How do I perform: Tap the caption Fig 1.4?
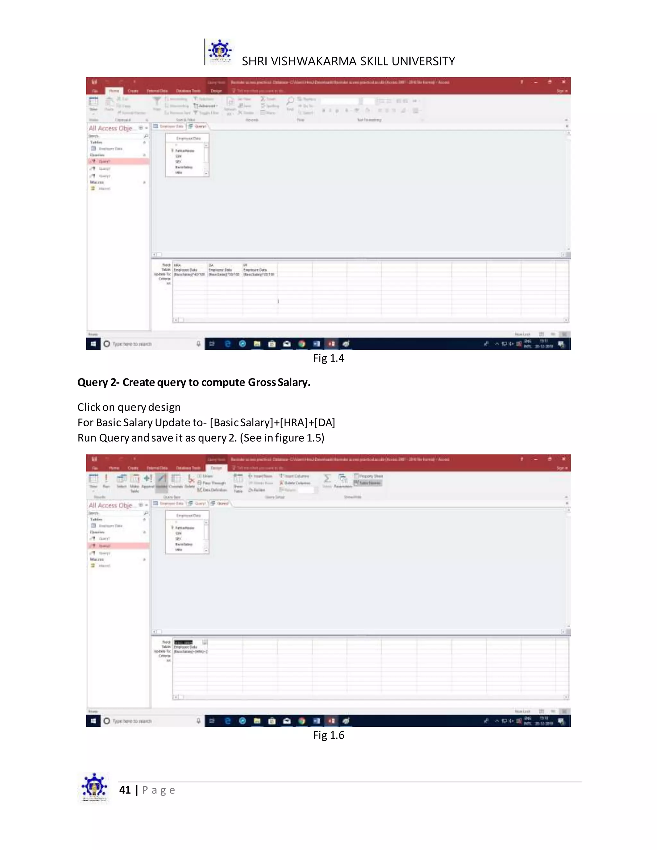click(x=328, y=358)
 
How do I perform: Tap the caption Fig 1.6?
click(x=328, y=735)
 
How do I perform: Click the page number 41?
click(x=125, y=790)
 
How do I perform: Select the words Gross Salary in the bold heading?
click(x=279, y=382)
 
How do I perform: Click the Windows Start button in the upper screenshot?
click(x=93, y=344)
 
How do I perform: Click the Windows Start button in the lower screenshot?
click(x=93, y=721)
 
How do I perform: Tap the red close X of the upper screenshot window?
click(x=563, y=82)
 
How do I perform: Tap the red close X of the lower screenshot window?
click(x=563, y=459)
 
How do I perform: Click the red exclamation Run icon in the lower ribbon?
click(x=106, y=478)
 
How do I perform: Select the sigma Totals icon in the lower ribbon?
click(x=327, y=478)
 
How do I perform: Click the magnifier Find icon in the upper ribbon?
click(x=290, y=101)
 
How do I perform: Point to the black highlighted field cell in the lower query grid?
click(x=183, y=642)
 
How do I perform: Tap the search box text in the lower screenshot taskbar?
click(x=132, y=721)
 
